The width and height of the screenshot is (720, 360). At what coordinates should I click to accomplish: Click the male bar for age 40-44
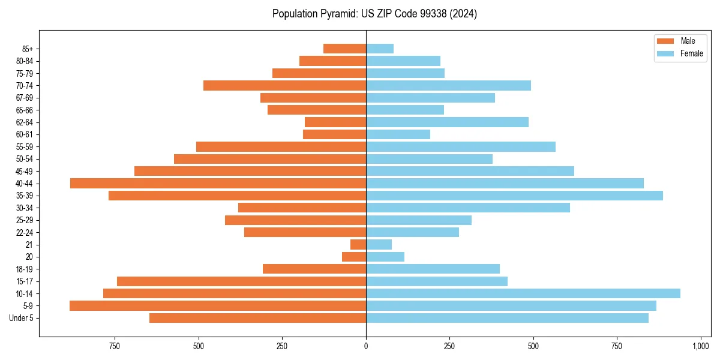(x=218, y=184)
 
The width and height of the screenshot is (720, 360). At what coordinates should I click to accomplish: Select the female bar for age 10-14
(x=523, y=293)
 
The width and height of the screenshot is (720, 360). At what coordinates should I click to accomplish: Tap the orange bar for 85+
(x=344, y=49)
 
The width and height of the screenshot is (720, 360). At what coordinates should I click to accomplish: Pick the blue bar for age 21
(x=379, y=245)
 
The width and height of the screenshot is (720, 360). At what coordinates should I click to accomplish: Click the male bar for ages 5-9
(x=218, y=306)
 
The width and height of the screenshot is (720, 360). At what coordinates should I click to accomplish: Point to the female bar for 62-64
(x=447, y=122)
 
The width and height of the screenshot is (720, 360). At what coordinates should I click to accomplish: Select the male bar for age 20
(x=354, y=257)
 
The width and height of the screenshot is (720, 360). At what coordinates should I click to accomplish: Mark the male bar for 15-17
(x=241, y=281)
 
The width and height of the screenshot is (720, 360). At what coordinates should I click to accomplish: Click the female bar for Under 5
(x=507, y=318)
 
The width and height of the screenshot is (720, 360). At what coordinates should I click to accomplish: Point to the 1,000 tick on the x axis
(x=701, y=346)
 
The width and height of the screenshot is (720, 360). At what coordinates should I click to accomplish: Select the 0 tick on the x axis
(x=366, y=346)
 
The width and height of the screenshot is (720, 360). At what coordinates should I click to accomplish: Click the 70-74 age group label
(x=25, y=86)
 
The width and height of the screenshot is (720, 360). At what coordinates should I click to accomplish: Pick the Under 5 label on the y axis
(x=22, y=318)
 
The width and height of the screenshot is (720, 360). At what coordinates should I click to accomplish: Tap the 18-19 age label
(x=25, y=269)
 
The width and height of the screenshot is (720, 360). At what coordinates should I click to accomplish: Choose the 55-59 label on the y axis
(x=25, y=147)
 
